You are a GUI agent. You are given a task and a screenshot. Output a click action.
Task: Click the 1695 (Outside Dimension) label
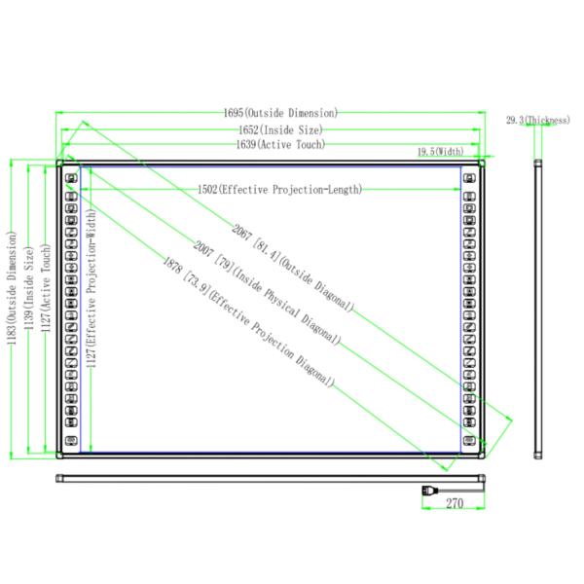280,113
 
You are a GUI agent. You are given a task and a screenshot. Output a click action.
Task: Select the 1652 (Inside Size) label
280,128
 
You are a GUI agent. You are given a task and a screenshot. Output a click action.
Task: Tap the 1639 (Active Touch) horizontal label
280,145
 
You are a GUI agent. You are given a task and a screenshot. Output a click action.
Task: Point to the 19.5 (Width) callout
441,153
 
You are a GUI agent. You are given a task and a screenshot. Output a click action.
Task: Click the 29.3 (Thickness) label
537,120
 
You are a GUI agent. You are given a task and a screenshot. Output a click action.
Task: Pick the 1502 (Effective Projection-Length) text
279,190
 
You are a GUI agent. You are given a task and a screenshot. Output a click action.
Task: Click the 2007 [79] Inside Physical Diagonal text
267,293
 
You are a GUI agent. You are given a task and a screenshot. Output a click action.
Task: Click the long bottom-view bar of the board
273,477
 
